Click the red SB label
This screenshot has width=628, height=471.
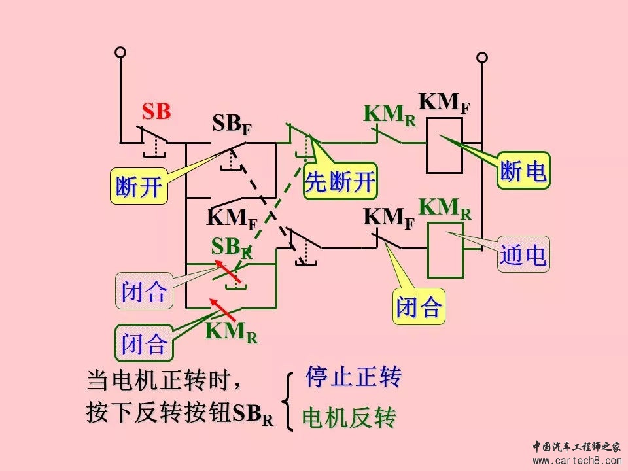point(156,112)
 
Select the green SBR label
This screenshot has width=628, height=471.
point(230,247)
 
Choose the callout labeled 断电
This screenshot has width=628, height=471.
point(523,172)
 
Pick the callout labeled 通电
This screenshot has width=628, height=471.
point(523,255)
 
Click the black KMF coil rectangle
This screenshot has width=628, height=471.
point(444,145)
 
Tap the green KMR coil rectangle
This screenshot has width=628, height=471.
point(445,251)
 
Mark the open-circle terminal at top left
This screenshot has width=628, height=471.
point(120,52)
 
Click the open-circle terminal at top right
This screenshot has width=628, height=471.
point(482,58)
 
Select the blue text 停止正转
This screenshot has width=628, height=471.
point(353,377)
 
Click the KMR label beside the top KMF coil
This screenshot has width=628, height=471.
point(389,114)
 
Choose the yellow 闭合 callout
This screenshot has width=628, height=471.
point(419,306)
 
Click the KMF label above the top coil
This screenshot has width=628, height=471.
point(444,103)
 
